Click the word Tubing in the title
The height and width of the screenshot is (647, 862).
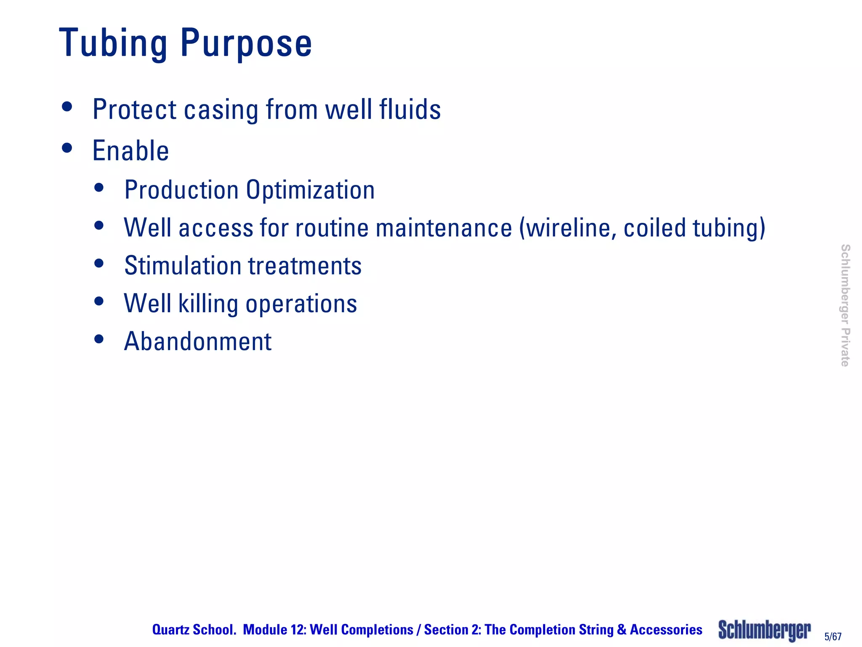[113, 43]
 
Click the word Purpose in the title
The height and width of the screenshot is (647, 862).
[246, 43]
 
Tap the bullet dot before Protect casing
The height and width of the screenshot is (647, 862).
[67, 107]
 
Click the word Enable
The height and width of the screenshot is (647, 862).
[130, 151]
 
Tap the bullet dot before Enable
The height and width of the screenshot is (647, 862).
[67, 148]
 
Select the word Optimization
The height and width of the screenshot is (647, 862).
[310, 190]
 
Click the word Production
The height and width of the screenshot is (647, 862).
[182, 190]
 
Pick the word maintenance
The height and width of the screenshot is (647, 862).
[444, 228]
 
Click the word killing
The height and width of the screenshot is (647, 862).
[208, 304]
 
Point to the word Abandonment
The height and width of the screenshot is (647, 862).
[198, 341]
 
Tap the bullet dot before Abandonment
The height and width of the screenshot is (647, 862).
[99, 339]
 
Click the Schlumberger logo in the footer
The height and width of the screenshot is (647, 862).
[764, 630]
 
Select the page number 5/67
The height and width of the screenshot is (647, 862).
[833, 636]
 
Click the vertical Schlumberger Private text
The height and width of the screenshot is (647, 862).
[845, 305]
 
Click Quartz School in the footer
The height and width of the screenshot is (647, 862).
[194, 630]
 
